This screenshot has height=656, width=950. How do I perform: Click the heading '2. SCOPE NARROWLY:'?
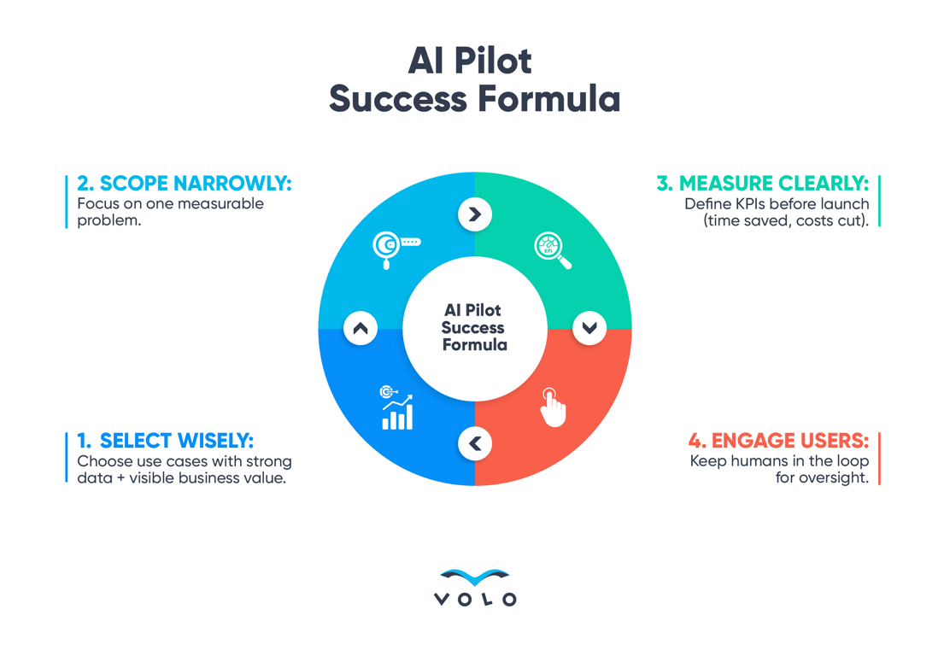184,184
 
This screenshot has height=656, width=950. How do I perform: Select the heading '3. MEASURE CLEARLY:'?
762,184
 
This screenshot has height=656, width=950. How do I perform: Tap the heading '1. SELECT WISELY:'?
165,441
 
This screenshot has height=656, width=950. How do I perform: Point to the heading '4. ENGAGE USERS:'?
778,441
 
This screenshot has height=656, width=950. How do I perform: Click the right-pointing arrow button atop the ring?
475,214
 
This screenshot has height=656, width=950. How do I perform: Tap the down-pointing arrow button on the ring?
589,328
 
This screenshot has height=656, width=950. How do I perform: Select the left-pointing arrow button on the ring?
475,444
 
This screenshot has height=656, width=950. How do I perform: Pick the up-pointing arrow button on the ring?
361,328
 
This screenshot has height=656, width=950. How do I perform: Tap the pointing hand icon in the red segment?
553,407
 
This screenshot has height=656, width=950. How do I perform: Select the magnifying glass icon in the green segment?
553,249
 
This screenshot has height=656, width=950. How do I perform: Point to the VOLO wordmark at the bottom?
475,600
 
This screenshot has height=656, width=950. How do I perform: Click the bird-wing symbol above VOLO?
475,577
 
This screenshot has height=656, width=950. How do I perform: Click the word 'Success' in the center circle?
473,328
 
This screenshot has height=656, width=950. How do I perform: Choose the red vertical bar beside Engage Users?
879,459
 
